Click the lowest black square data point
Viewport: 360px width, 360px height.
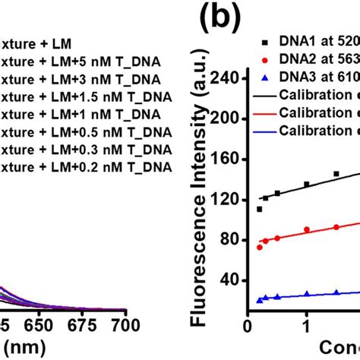click(260, 209)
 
